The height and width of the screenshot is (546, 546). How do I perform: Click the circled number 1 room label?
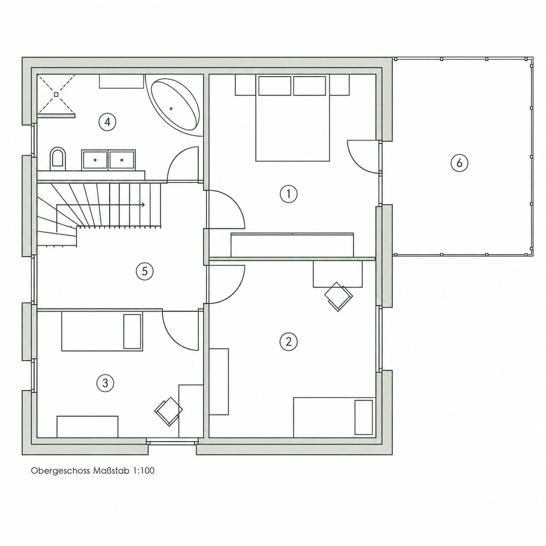[x=288, y=194]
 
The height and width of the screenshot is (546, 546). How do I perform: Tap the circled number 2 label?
[x=288, y=342]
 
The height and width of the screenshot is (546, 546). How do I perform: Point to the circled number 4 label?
[x=107, y=122]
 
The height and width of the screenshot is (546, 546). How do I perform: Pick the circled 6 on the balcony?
[x=459, y=163]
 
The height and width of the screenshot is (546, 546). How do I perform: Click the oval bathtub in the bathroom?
[x=175, y=105]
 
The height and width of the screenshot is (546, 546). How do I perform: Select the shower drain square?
[x=56, y=94]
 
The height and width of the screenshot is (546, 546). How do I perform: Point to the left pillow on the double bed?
[x=274, y=86]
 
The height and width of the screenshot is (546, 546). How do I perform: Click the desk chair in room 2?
[x=339, y=297]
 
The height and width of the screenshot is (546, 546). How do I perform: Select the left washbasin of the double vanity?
[x=95, y=160]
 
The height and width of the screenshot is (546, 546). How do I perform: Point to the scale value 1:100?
[x=144, y=470]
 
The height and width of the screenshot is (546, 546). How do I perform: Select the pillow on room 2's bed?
[x=364, y=417]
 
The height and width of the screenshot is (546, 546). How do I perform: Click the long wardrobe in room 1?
[x=293, y=245]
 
